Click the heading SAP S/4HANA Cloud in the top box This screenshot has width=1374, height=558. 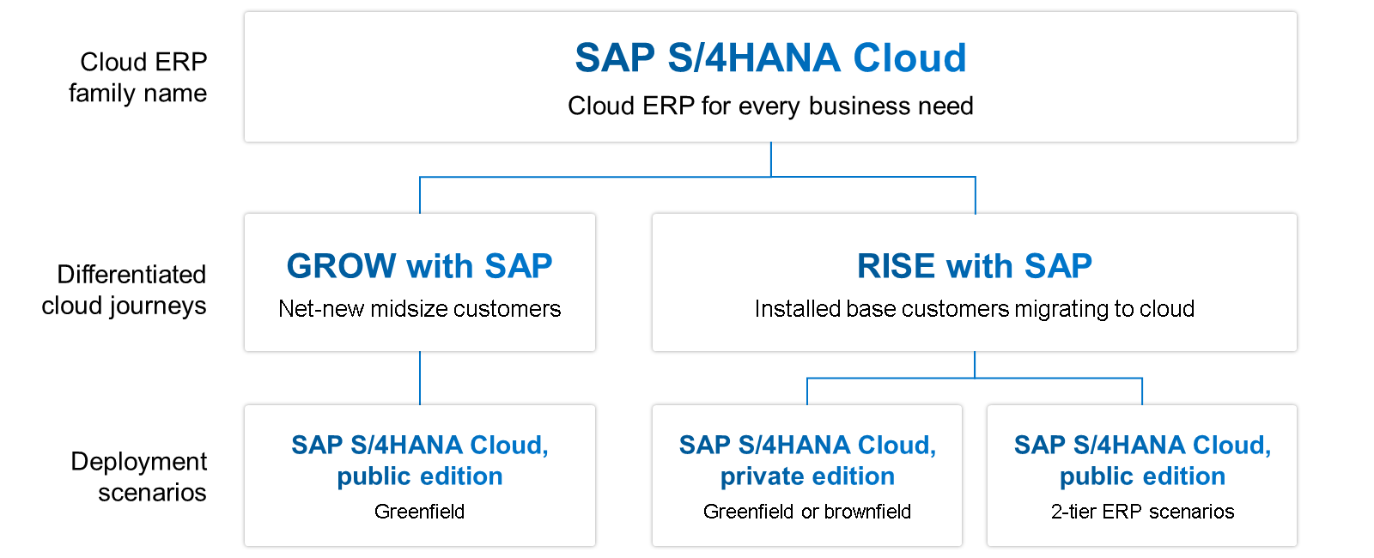pos(770,58)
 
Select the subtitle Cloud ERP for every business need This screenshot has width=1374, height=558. pos(770,106)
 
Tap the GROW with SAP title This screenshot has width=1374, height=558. pos(419,266)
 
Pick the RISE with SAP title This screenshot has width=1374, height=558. pos(974,266)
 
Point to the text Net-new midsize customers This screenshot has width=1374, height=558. pos(419,309)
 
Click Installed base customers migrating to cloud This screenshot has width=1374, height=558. pos(974,309)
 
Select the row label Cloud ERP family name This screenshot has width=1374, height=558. pos(139,77)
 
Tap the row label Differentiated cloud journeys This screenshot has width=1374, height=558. pos(125,290)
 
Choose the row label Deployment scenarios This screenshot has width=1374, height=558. pos(140,476)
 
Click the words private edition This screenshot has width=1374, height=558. pos(807,476)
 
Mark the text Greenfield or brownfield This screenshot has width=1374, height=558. pos(807,512)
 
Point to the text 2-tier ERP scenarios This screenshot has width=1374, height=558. pos(1142,512)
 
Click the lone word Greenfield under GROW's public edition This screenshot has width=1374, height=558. pos(419,512)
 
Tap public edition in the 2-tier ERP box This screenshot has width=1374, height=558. pos(1142,476)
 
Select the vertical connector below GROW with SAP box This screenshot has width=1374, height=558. pos(420,378)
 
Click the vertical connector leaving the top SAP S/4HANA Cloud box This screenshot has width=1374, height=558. pos(771,160)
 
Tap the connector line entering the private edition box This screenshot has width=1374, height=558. pos(807,391)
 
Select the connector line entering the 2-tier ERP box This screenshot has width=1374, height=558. pos(1142,391)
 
